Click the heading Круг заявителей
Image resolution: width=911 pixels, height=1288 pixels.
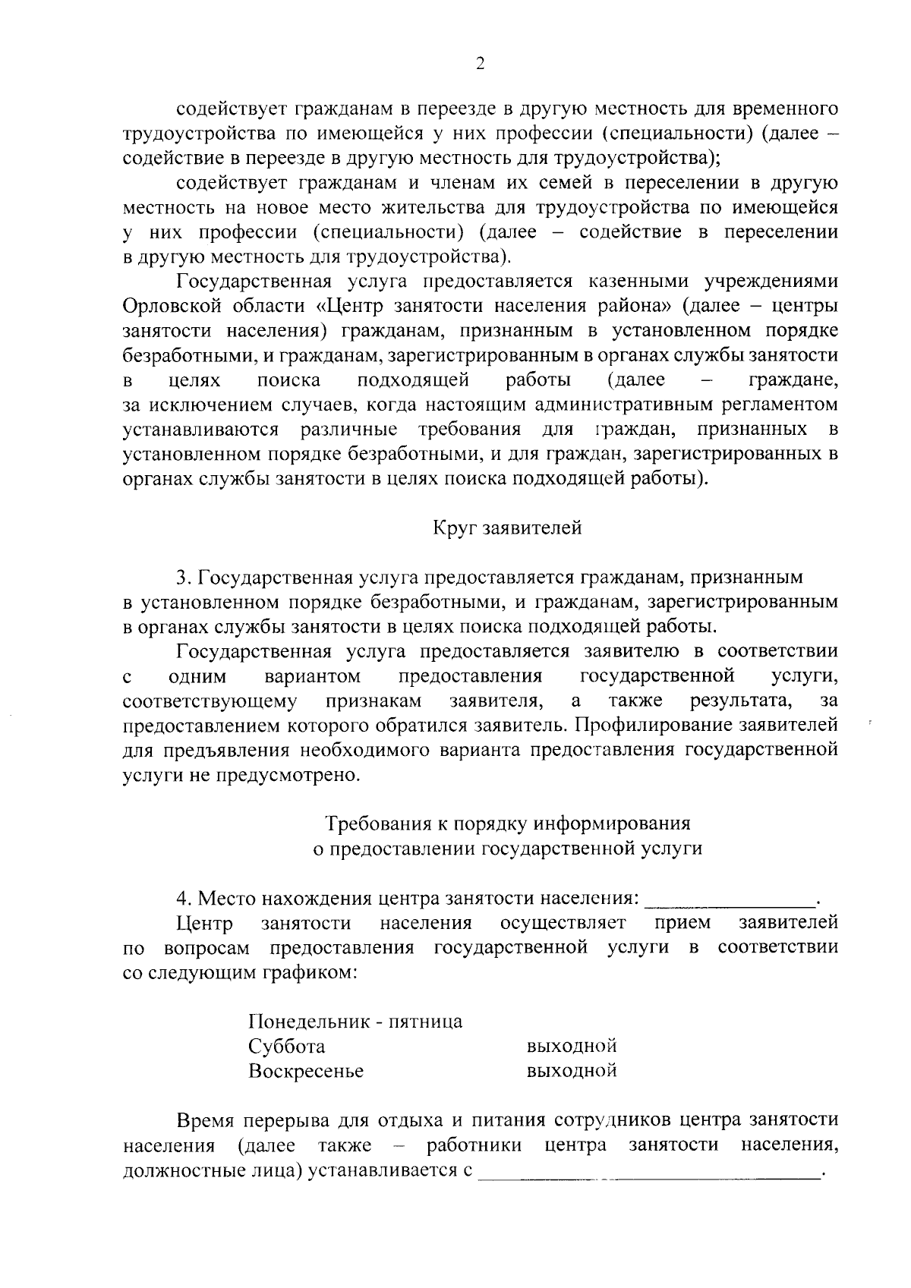tap(507, 527)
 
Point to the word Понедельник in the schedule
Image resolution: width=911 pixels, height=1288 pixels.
tap(307, 1022)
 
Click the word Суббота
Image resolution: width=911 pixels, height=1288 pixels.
tap(286, 1047)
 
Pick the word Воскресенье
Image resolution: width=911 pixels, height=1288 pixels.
tap(306, 1071)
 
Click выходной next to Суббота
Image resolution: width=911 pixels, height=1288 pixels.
tap(571, 1047)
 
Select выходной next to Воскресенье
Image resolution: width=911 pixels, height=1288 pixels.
tap(571, 1071)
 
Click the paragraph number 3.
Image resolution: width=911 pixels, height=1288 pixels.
tap(181, 578)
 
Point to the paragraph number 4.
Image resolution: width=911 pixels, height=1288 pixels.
tap(181, 899)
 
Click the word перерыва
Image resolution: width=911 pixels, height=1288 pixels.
tap(285, 1120)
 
